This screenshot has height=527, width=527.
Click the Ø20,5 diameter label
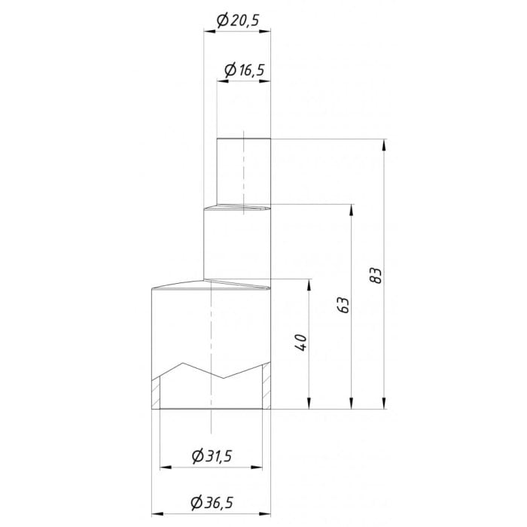coord(237,21)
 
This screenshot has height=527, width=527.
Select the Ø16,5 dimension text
coord(244,71)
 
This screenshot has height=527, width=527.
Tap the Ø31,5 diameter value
coord(212,456)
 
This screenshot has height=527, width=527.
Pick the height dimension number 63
coord(343,305)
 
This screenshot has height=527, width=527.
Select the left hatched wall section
coord(156,392)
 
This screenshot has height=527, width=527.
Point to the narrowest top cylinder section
coord(243,170)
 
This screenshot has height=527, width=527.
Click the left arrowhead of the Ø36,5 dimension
coord(157,514)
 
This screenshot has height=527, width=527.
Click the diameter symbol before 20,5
coord(222,21)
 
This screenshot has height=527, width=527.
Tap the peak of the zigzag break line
coord(183,364)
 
